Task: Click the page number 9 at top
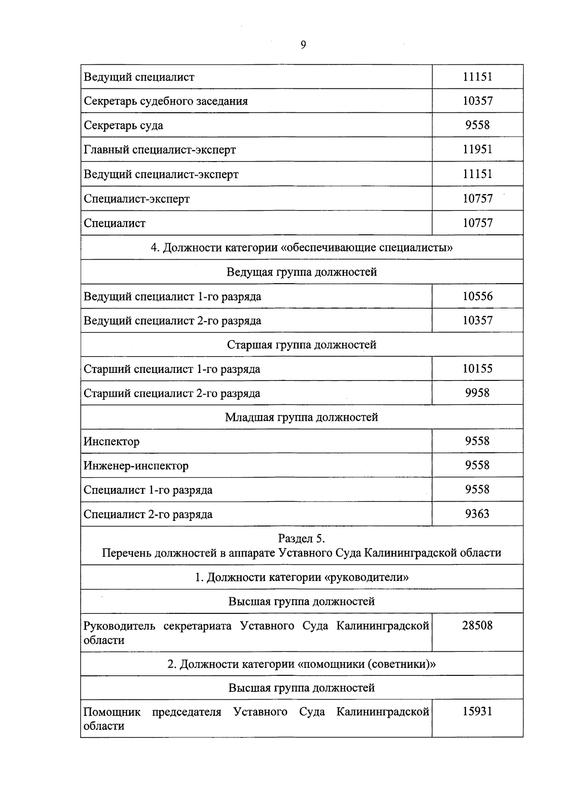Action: [x=303, y=45]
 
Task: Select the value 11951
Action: [x=478, y=149]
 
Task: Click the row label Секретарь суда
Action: [x=124, y=125]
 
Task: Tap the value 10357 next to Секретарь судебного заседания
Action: [x=478, y=101]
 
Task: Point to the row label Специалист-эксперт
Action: [x=137, y=199]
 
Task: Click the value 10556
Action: [x=478, y=296]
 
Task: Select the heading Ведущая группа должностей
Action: [x=302, y=272]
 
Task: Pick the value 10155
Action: [x=478, y=369]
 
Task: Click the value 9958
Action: [x=478, y=393]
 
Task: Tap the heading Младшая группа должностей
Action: [x=302, y=417]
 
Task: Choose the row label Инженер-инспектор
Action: [x=136, y=466]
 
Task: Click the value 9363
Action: [x=478, y=514]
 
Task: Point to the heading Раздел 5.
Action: [x=302, y=538]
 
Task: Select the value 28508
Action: [x=478, y=626]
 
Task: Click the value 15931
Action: [x=478, y=712]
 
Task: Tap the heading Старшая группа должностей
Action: [x=302, y=345]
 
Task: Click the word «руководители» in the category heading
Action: [x=366, y=577]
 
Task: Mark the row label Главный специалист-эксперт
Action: [x=160, y=150]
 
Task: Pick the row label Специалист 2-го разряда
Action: [x=148, y=514]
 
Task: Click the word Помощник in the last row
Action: [x=112, y=712]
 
